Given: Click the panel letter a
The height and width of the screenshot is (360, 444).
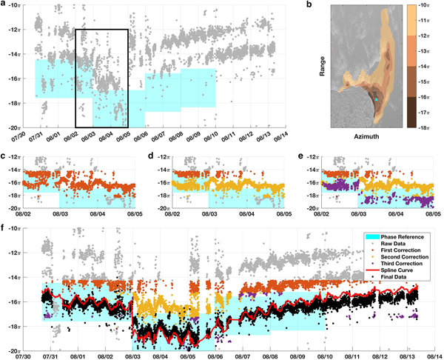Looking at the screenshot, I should click(x=4, y=5).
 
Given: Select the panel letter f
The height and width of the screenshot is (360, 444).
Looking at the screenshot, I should click(x=4, y=228).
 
